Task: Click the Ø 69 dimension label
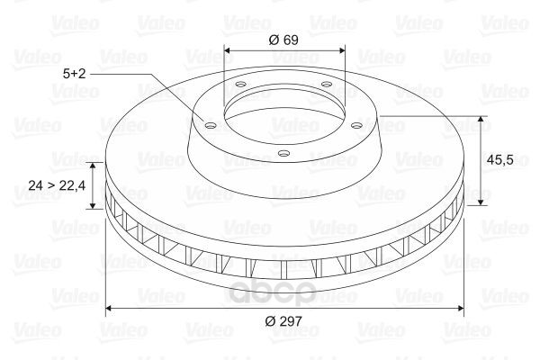283,40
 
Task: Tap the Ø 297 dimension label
283,321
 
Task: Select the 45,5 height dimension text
500,159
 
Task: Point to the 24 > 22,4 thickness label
57,185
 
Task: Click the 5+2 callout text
74,74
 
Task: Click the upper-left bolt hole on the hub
240,84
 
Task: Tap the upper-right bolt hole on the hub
326,84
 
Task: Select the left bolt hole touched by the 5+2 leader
210,125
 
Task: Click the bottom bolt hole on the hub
283,153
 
